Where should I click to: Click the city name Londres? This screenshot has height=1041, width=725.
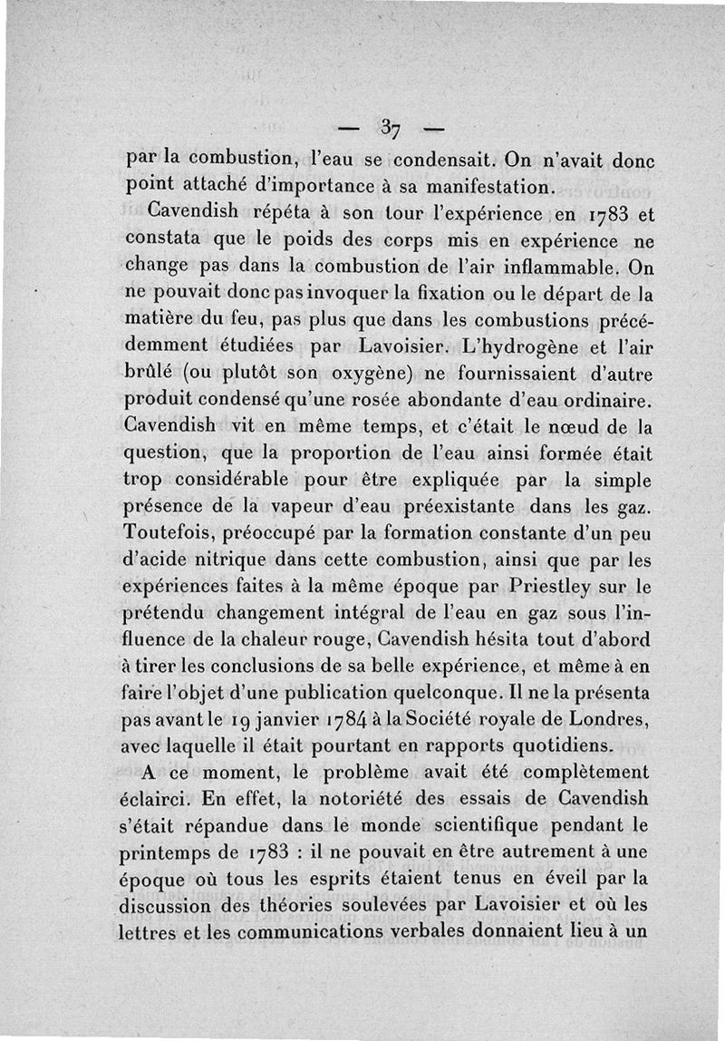(612, 722)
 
